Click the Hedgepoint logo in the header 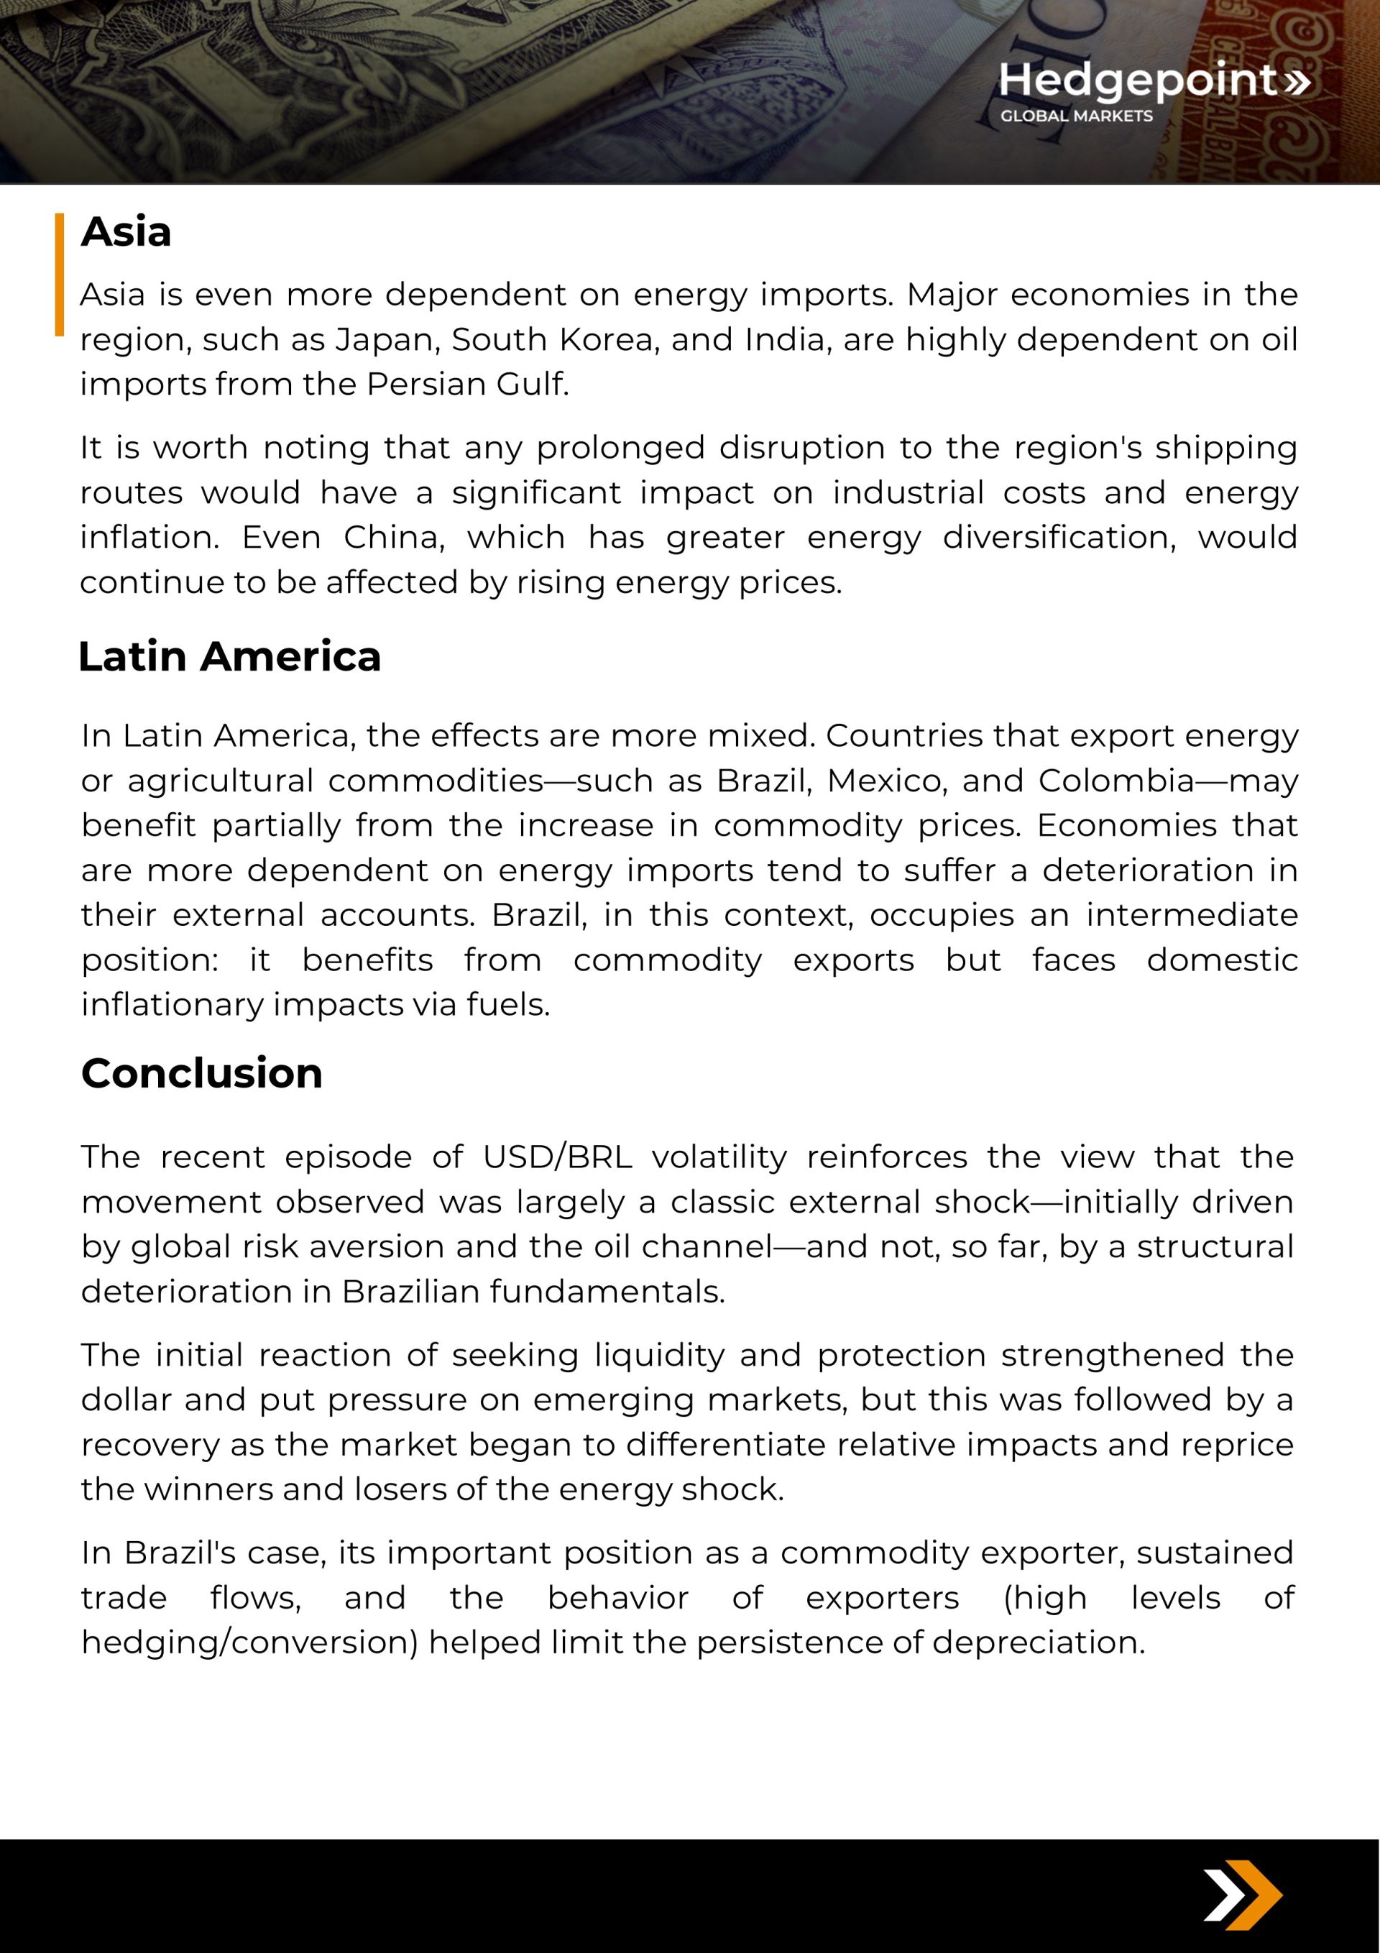[1153, 81]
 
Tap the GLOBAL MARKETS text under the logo [1076, 116]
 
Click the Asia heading [126, 232]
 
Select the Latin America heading [229, 657]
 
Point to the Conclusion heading [202, 1073]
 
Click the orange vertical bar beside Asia [60, 274]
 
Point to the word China [394, 538]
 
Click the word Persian [425, 385]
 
